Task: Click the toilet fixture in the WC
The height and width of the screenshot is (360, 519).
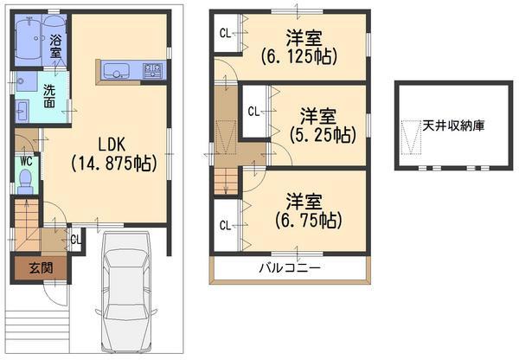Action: click(x=24, y=181)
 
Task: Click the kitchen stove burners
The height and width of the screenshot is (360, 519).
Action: click(x=152, y=70)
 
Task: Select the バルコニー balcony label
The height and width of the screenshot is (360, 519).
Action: click(x=290, y=268)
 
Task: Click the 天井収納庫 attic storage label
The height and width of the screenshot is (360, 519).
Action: click(x=453, y=125)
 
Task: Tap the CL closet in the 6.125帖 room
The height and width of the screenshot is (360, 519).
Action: click(x=225, y=34)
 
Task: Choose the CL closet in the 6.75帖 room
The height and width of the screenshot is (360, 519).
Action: click(x=224, y=225)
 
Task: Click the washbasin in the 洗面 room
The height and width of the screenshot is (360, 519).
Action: click(x=22, y=111)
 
